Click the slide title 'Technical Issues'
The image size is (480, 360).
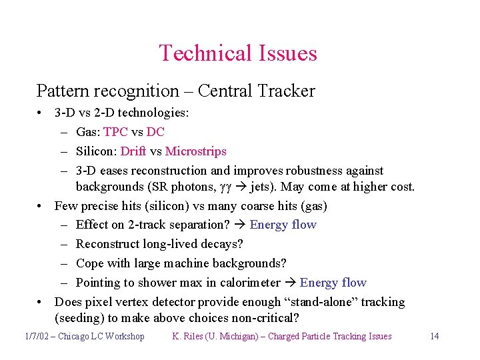(238, 53)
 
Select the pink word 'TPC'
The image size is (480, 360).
(116, 132)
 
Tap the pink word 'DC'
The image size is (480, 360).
(155, 132)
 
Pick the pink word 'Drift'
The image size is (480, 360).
(133, 151)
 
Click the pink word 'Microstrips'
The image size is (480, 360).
(195, 151)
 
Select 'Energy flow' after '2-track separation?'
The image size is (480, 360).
(283, 225)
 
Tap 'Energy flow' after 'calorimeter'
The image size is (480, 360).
(333, 283)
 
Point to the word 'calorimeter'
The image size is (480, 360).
(247, 283)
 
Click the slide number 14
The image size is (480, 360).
(434, 336)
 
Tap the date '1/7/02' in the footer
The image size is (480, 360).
(36, 336)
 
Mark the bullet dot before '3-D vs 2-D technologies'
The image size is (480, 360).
(41, 113)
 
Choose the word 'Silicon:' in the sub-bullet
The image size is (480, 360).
(97, 151)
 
